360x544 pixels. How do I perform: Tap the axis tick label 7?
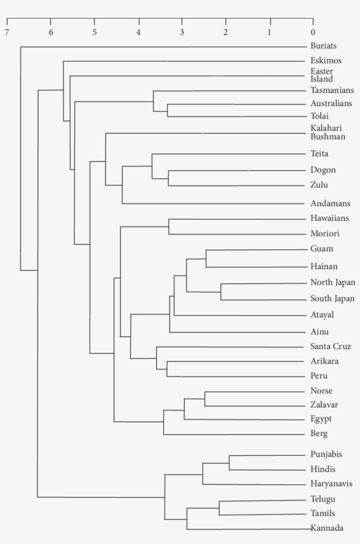[7, 32]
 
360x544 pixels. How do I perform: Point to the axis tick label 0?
[313, 32]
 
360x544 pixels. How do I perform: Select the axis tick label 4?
[138, 32]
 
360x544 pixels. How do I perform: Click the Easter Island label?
[321, 75]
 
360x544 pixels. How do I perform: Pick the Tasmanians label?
[331, 90]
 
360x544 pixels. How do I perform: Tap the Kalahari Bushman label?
[328, 132]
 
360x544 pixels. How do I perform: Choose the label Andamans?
[330, 203]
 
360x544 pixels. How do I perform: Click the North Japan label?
[332, 282]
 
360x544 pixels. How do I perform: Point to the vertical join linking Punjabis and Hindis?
[229, 462]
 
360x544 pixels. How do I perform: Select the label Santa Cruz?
[330, 346]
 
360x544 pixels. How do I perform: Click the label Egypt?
[321, 419]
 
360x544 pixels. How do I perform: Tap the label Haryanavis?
[331, 484]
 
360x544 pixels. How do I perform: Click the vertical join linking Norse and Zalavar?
[205, 399]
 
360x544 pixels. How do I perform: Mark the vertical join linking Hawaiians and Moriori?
[169, 227]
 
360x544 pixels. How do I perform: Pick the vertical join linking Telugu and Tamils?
[219, 508]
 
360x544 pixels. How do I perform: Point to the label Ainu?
[320, 332]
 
